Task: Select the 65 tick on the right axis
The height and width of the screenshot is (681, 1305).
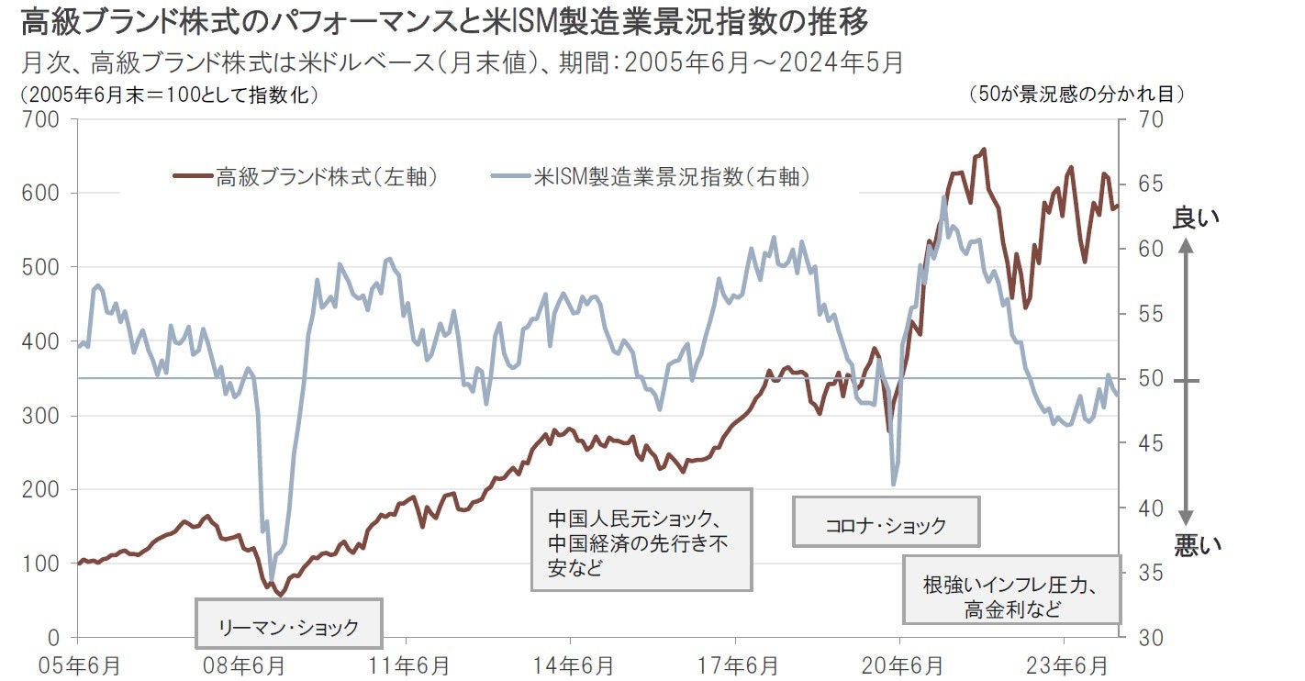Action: [1150, 184]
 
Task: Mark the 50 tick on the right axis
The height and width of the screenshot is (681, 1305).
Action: [1150, 379]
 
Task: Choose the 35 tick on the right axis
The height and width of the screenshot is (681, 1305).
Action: [1150, 573]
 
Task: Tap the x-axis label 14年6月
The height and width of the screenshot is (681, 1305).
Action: [570, 663]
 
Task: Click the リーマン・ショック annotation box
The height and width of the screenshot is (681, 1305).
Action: [287, 628]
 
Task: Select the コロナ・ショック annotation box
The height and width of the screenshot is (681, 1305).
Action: [886, 526]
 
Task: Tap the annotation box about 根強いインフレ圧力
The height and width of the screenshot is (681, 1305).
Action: [1011, 597]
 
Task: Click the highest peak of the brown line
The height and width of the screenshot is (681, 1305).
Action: [984, 149]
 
